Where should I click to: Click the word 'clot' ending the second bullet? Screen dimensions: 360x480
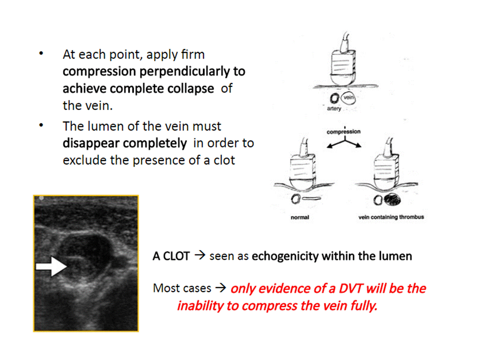(x=224, y=160)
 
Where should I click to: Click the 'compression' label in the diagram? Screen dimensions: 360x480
(x=343, y=131)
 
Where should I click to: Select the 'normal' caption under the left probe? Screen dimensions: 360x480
(x=300, y=217)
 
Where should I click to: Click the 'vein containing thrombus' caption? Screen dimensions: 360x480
(x=391, y=217)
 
